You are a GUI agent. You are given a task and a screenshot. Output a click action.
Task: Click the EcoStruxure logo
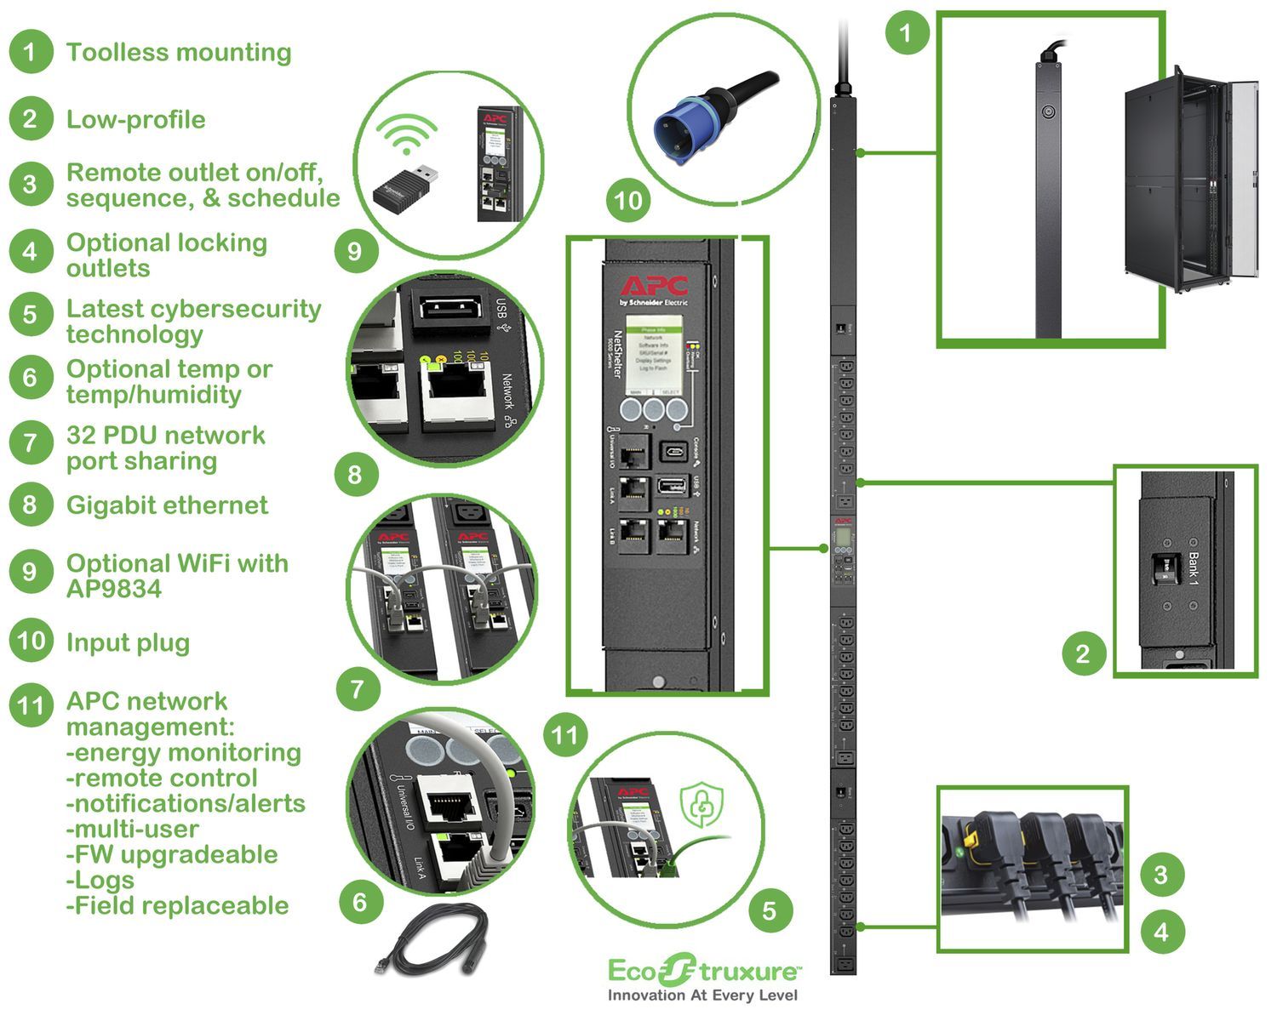pyautogui.click(x=703, y=970)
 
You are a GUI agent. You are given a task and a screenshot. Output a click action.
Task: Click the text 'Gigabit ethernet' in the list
pyautogui.click(x=167, y=505)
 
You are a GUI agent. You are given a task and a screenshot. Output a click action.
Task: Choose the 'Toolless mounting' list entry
pyautogui.click(x=179, y=53)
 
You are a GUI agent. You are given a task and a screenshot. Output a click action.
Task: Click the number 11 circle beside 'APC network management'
pyautogui.click(x=31, y=706)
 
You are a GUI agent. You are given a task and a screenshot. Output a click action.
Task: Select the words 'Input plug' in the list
pyautogui.click(x=128, y=643)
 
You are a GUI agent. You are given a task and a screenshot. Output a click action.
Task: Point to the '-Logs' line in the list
pyautogui.click(x=100, y=880)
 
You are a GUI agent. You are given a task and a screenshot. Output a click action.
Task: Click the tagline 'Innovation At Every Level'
pyautogui.click(x=702, y=995)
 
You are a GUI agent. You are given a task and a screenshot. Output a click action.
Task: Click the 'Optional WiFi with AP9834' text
pyautogui.click(x=177, y=576)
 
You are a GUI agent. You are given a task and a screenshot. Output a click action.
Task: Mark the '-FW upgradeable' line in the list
pyautogui.click(x=172, y=854)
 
